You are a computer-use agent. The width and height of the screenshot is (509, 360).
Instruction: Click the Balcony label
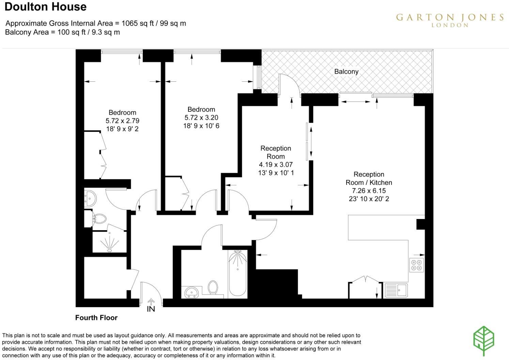point(346,72)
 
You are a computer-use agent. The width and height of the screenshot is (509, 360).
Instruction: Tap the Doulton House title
point(45,7)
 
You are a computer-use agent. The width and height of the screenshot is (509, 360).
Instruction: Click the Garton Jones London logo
point(449,20)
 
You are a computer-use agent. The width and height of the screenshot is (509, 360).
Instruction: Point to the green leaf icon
point(484,341)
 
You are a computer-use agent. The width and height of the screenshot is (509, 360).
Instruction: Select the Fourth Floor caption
point(96,318)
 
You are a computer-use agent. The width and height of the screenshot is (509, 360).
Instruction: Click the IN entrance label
point(151,309)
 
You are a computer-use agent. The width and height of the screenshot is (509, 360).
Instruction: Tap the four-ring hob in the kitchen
point(417,265)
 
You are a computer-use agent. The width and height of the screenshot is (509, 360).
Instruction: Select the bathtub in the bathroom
point(237,273)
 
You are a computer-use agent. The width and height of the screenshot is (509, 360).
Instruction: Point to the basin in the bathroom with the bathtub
point(192,292)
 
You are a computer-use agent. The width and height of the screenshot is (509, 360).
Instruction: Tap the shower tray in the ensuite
point(109,242)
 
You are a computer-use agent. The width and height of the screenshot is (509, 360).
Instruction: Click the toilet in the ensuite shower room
point(99,218)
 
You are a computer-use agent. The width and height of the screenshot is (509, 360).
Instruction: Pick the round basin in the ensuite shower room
point(91,198)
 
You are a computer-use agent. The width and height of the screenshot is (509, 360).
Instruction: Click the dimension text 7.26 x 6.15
point(369,191)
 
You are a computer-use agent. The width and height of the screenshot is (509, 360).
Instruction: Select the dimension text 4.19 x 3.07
point(276,165)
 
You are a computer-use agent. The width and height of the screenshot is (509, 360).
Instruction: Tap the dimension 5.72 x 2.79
point(122,121)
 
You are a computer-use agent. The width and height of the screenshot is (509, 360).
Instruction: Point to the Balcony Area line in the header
point(62,32)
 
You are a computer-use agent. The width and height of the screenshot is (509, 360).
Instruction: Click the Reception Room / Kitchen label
point(369,178)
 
